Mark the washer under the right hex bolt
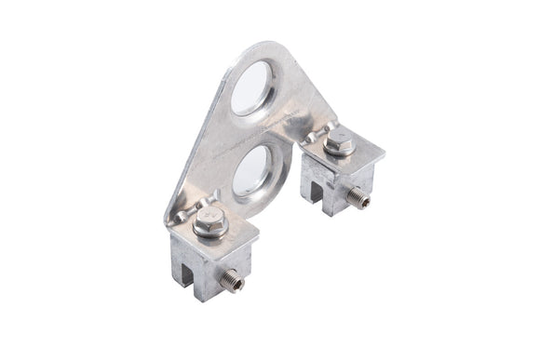pyautogui.click(x=337, y=151)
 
